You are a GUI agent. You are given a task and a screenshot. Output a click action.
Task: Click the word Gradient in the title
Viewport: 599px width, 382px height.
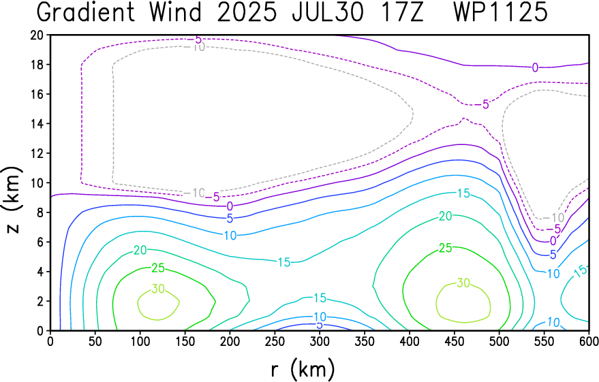click(x=86, y=12)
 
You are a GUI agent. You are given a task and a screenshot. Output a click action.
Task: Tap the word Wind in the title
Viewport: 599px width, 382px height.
click(x=175, y=12)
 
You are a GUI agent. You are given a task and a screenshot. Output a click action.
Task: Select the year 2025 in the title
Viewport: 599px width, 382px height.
click(x=247, y=12)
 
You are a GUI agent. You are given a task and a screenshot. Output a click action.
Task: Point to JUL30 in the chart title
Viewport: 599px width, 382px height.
click(x=327, y=12)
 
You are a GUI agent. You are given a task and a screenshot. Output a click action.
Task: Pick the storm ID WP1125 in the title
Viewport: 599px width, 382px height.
click(x=500, y=12)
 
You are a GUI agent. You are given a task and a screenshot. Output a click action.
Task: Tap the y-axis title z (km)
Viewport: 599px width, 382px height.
click(x=12, y=200)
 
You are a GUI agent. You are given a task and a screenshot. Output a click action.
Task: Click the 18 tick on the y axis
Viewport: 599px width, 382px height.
click(x=37, y=65)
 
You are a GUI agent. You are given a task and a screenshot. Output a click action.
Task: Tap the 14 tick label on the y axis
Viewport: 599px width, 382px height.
click(x=37, y=124)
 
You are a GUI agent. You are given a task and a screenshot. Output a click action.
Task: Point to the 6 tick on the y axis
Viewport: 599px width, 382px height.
click(x=40, y=242)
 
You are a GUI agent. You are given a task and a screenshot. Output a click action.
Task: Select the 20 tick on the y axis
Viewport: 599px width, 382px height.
click(x=37, y=35)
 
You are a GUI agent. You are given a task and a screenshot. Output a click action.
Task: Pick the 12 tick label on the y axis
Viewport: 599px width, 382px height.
click(x=37, y=153)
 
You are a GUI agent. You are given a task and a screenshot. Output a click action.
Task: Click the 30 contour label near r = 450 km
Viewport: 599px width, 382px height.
click(x=463, y=283)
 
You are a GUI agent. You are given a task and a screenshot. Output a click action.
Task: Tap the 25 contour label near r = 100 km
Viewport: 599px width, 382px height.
click(x=158, y=268)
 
